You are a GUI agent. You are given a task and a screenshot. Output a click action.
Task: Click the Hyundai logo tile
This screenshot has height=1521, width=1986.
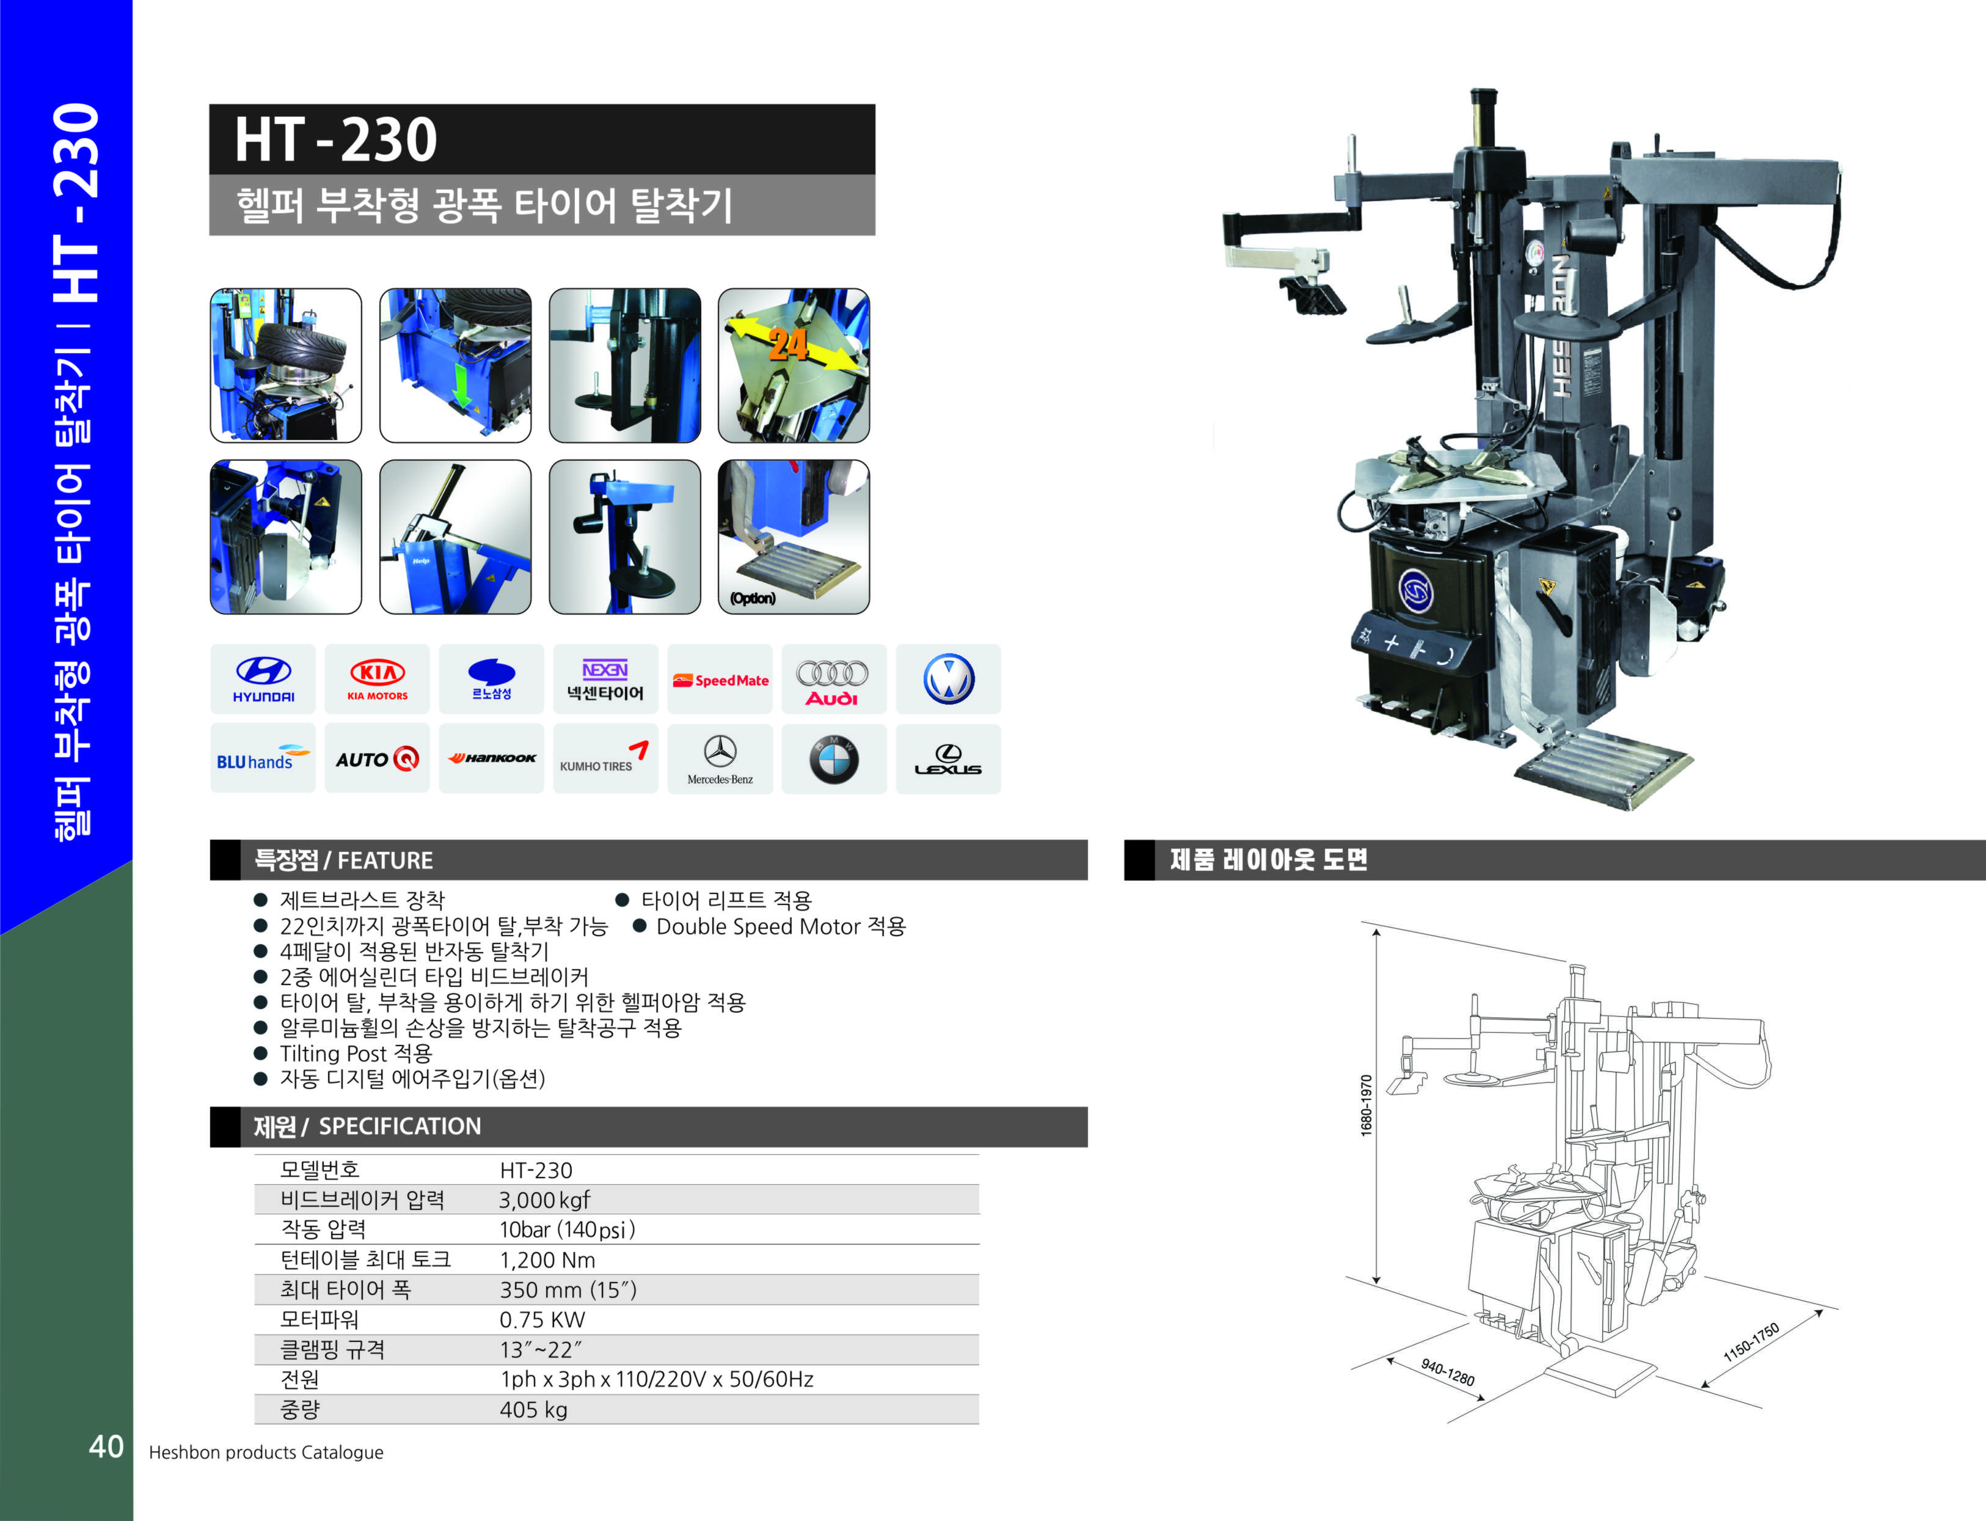point(263,679)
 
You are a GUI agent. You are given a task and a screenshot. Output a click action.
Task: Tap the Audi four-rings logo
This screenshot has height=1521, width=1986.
point(832,681)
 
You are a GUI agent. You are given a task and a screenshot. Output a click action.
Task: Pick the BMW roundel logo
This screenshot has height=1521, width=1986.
point(833,760)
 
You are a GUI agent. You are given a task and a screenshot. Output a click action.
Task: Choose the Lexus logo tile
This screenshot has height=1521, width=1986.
point(947,760)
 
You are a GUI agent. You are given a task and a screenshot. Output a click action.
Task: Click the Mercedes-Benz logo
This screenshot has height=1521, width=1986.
point(720,760)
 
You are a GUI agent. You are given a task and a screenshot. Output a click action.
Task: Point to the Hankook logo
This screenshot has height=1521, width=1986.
point(492,759)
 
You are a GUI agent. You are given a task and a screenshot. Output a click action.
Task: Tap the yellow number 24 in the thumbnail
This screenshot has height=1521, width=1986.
point(789,345)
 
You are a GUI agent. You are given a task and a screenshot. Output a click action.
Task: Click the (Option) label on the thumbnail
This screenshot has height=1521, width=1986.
point(753,598)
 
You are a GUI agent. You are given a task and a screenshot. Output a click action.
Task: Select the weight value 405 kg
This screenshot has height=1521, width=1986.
point(533,1410)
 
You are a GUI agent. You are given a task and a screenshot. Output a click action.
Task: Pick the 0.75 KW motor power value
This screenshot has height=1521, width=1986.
point(542,1320)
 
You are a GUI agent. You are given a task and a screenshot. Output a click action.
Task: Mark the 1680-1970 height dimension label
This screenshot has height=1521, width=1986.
point(1366,1105)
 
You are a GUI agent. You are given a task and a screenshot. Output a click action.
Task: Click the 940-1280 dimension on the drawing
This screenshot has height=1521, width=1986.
point(1447,1373)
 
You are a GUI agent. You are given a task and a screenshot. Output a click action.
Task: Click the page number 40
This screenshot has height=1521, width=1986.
point(106,1447)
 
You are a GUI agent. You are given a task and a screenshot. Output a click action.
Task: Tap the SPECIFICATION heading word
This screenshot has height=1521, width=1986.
point(400,1126)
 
